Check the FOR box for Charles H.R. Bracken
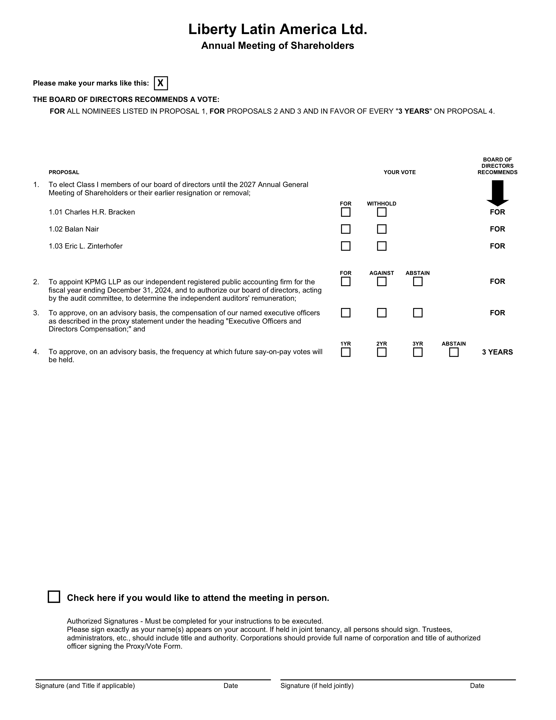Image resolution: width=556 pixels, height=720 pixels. coord(346,212)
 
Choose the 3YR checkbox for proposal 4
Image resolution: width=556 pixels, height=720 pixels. coord(418,352)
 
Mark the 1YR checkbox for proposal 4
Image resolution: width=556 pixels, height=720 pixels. coord(346,352)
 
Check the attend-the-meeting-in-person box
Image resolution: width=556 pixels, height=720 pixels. coord(54,597)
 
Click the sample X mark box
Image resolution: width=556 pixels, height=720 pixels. coord(161,83)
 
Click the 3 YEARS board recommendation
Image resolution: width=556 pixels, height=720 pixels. coord(497,352)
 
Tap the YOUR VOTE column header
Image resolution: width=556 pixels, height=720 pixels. coord(399,172)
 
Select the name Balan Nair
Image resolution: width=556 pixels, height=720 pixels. coord(82,229)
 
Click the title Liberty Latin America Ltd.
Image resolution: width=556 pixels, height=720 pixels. coord(278,29)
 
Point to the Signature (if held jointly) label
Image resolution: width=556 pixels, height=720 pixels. coord(317,686)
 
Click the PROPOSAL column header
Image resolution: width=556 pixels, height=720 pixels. coord(64,172)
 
